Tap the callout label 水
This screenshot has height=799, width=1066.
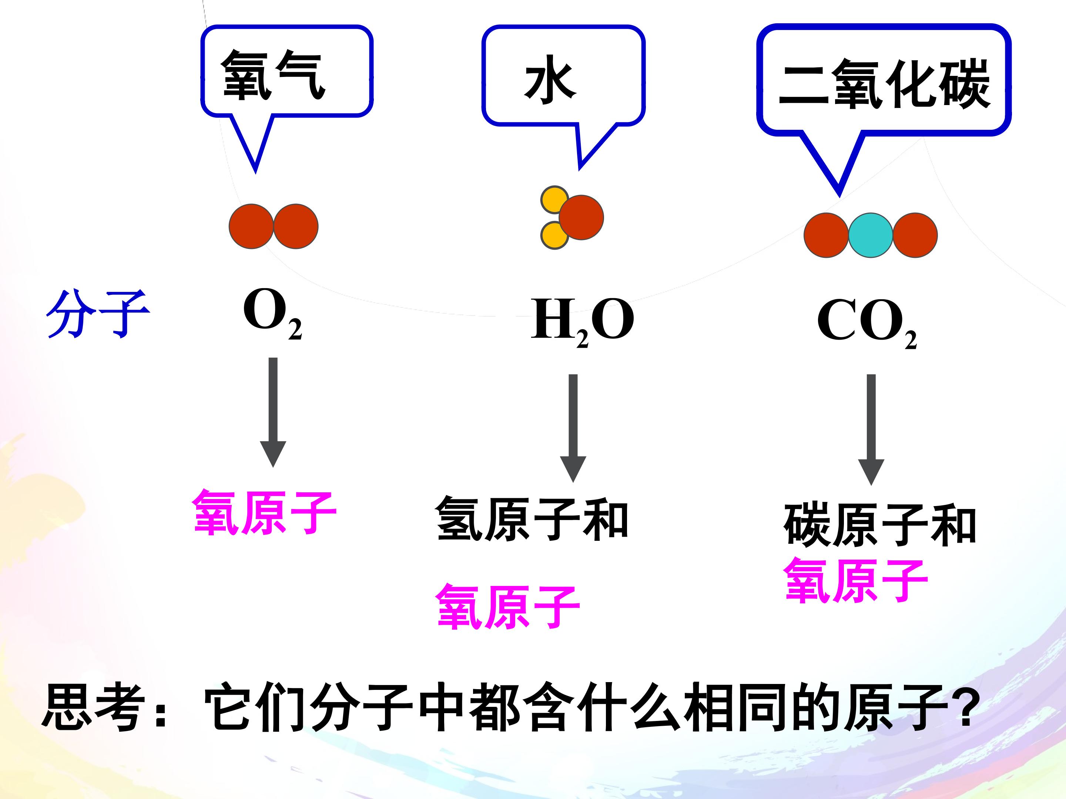[550, 82]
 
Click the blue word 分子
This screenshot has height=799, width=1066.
[98, 314]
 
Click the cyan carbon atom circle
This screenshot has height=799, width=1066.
[870, 235]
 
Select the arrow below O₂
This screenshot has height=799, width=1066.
[273, 412]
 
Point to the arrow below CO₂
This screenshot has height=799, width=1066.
[871, 429]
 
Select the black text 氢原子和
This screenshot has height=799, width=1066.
[532, 520]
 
